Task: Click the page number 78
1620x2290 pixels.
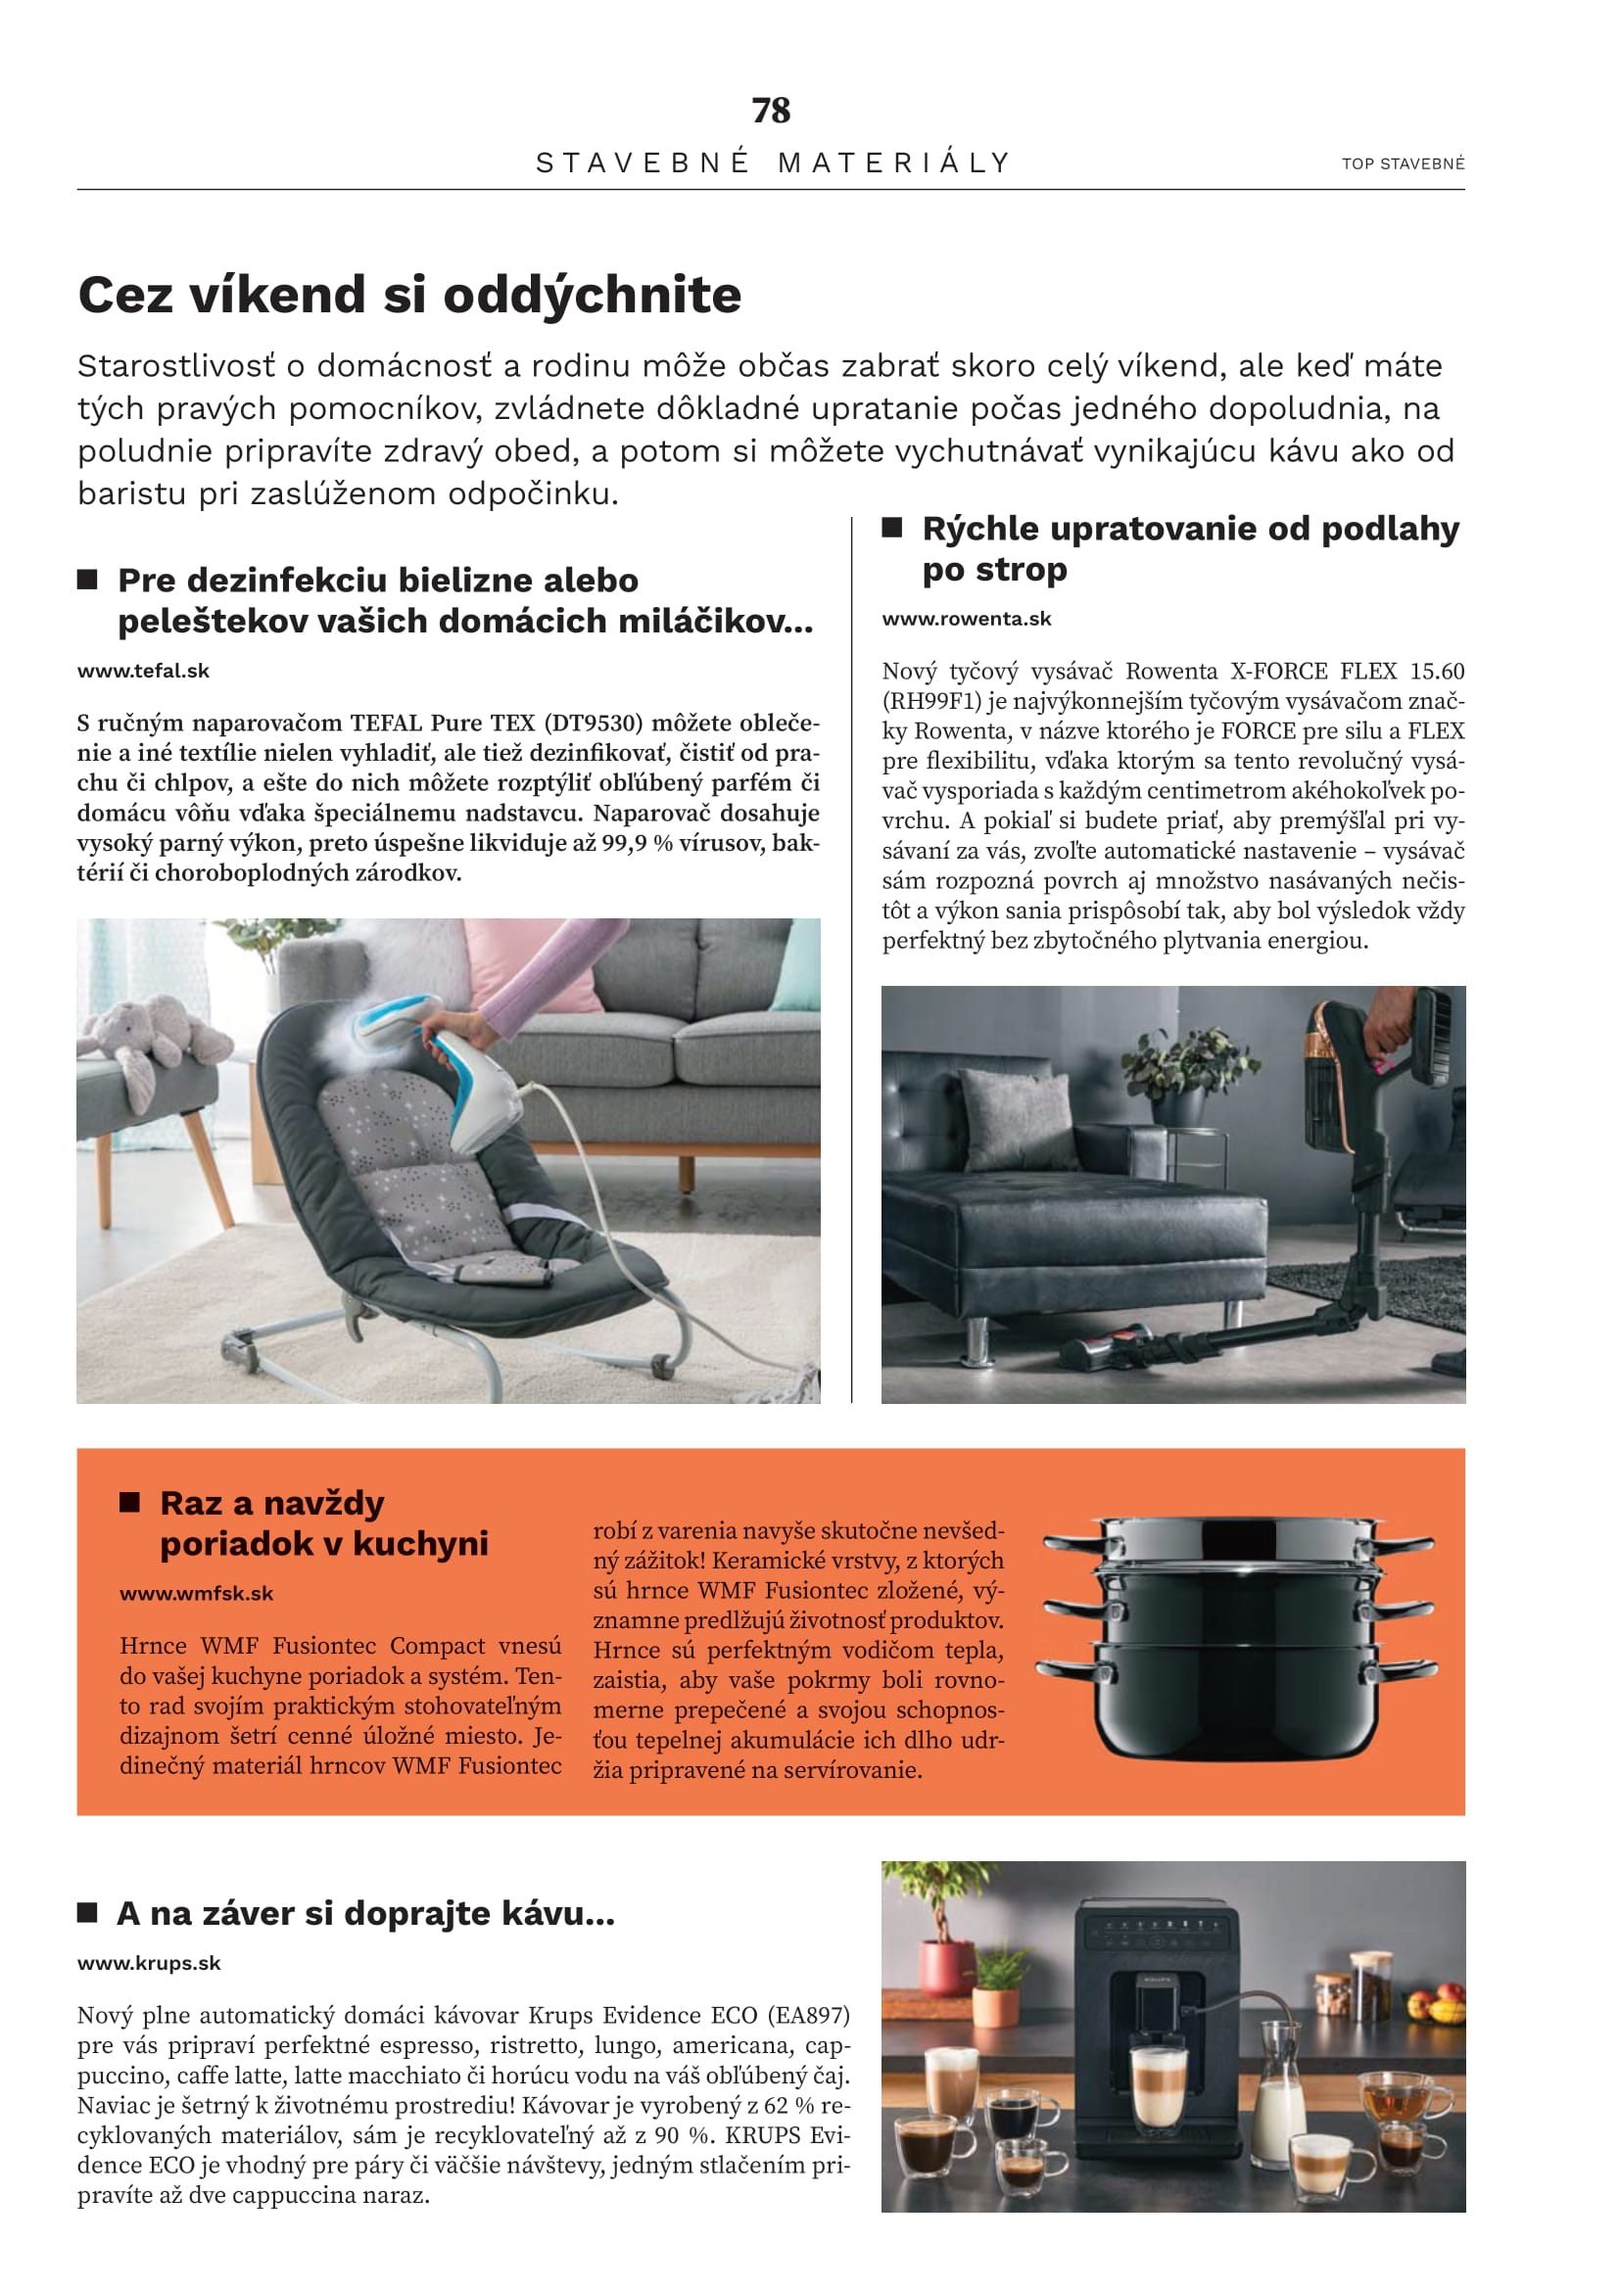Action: (771, 111)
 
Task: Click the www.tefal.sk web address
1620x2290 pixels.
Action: (144, 672)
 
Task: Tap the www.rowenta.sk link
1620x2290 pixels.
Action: (967, 620)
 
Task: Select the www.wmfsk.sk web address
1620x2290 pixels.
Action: (197, 1594)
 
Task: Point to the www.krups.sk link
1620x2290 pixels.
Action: (149, 1963)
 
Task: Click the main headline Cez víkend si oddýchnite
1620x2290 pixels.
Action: (409, 296)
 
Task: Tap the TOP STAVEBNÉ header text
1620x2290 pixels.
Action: (1403, 164)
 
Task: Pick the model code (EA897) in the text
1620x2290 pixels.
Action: (812, 2016)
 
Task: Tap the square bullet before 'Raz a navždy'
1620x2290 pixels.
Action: (129, 1503)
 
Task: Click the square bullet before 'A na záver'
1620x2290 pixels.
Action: (88, 1912)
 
